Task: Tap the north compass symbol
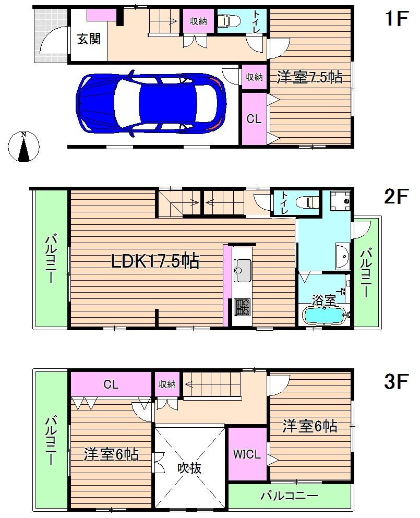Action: coord(23,146)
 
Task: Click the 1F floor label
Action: coord(395,19)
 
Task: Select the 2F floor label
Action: coord(395,197)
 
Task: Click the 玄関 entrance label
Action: coord(89,39)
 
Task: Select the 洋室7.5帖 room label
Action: coord(309,77)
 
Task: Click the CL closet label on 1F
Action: coord(254,119)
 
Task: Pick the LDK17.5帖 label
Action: coord(155,261)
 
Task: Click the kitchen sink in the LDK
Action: coord(242,270)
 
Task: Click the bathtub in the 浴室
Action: coord(323,315)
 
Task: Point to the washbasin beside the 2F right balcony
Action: coord(343,255)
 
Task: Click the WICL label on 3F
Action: coord(246,454)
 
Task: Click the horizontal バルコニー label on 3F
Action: coord(289,496)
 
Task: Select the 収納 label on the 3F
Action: coord(167,384)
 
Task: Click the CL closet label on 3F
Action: coord(111,385)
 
